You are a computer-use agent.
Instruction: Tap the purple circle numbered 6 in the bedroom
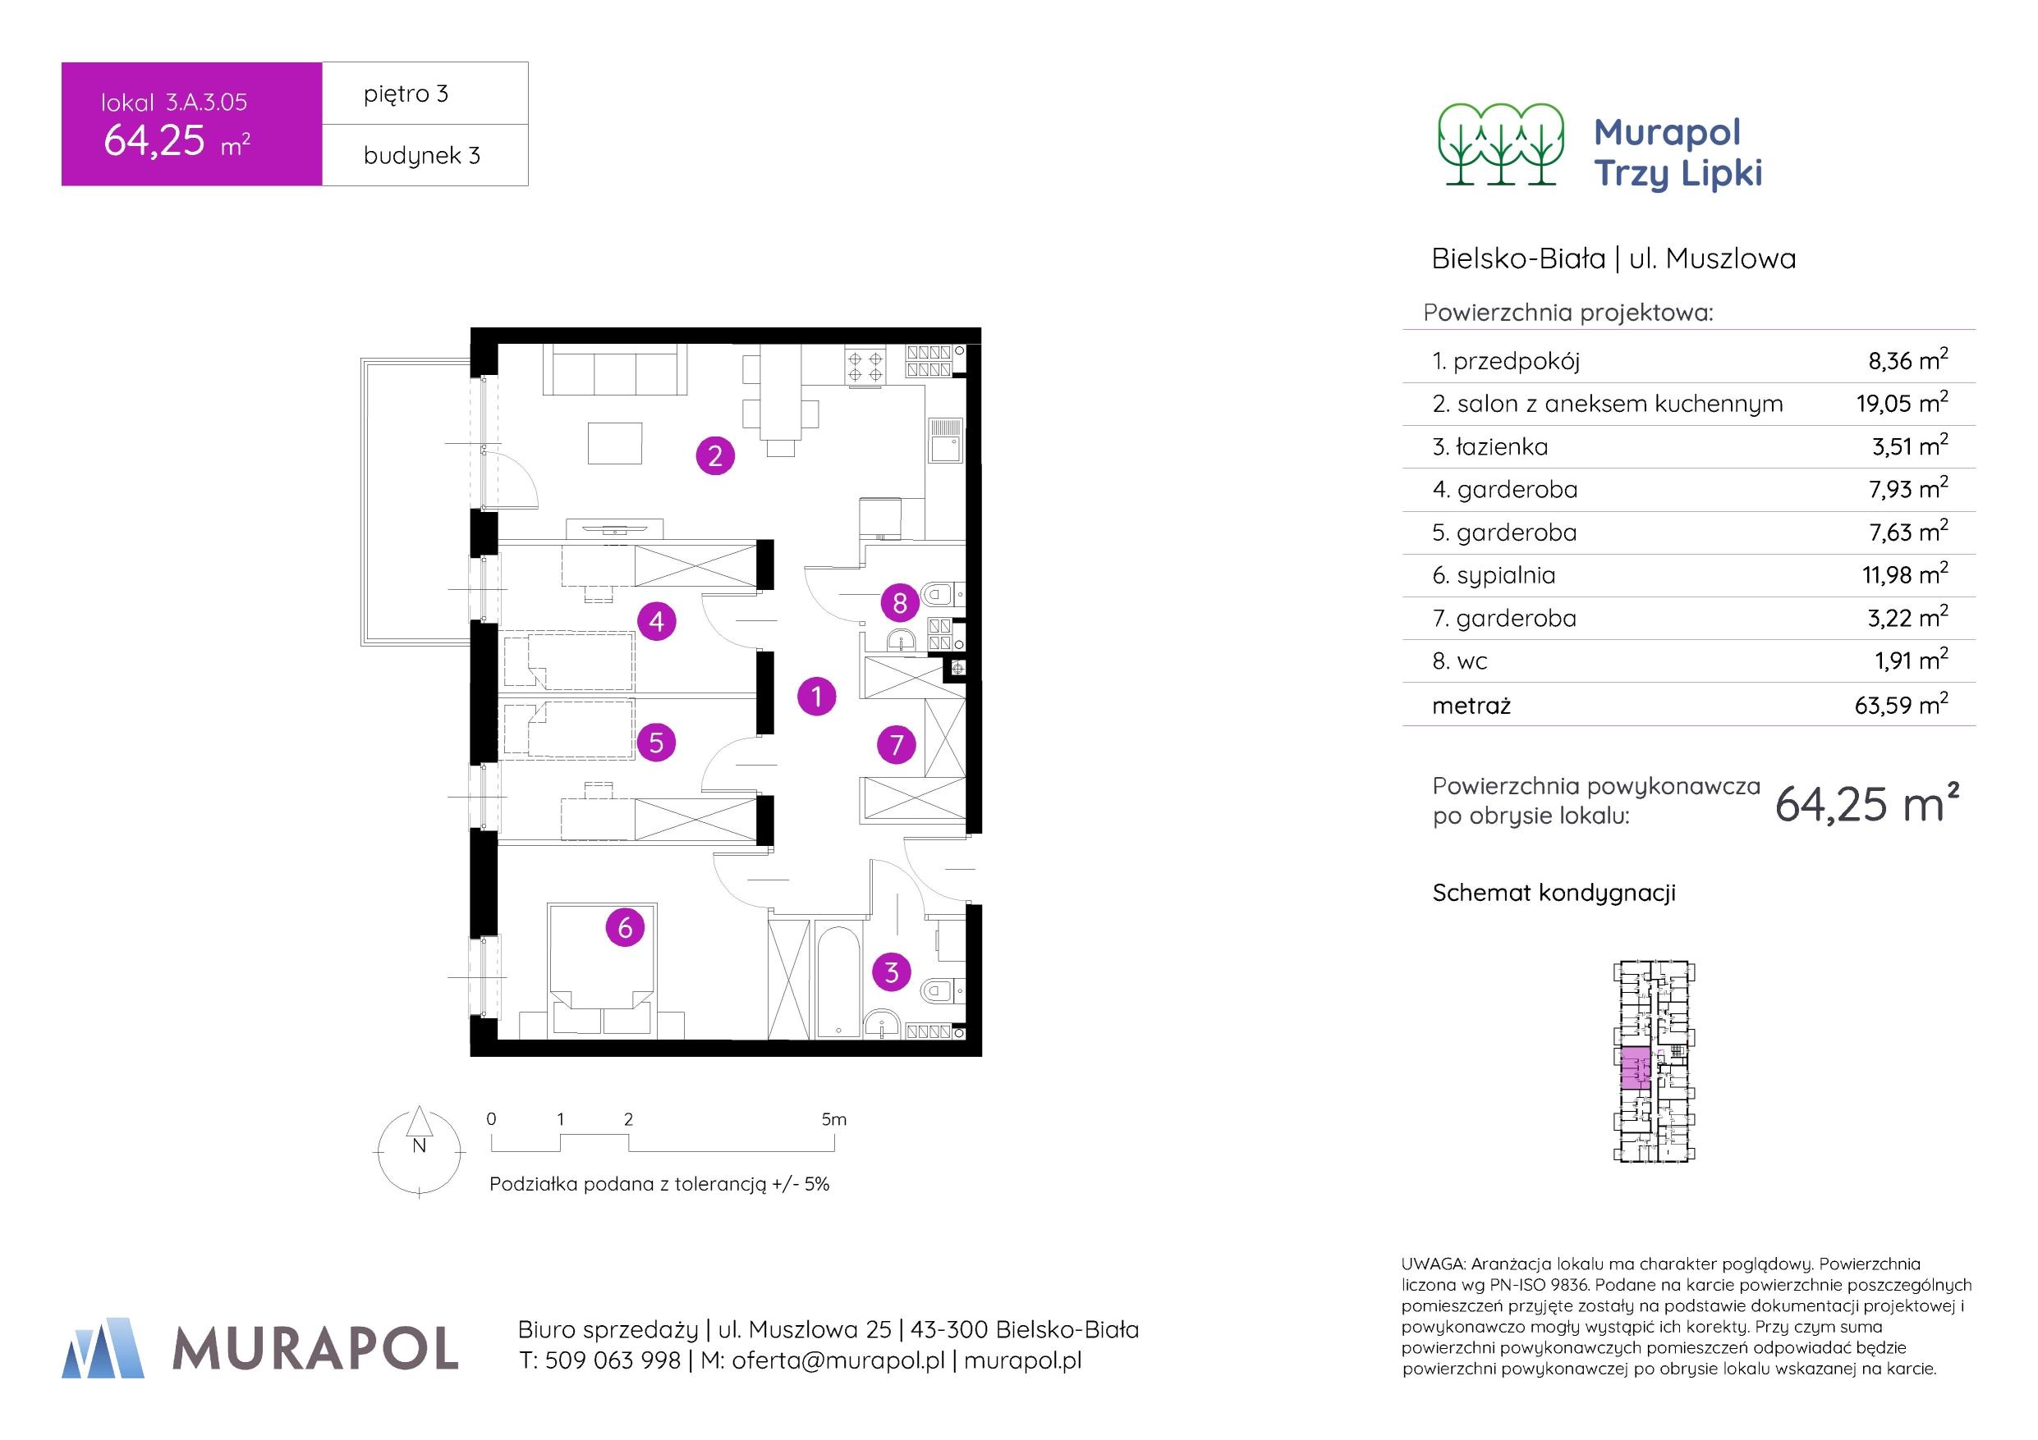pyautogui.click(x=625, y=927)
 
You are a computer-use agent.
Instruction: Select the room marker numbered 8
pyautogui.click(x=899, y=603)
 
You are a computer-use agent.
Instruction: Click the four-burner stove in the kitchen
pyautogui.click(x=865, y=367)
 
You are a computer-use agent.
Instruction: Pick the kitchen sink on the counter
pyautogui.click(x=944, y=440)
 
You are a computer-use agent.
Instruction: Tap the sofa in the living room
pyautogui.click(x=615, y=371)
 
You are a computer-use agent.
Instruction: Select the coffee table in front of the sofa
pyautogui.click(x=615, y=442)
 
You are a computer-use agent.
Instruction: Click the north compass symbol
pyautogui.click(x=420, y=1150)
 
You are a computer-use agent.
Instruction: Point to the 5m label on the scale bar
pyautogui.click(x=833, y=1120)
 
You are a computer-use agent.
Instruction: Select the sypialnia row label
pyautogui.click(x=1494, y=575)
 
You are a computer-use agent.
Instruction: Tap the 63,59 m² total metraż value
pyautogui.click(x=1900, y=706)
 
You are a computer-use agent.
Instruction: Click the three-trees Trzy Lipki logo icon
pyautogui.click(x=1501, y=144)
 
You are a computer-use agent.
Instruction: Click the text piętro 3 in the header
pyautogui.click(x=406, y=94)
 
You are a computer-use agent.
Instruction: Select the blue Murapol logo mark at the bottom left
pyautogui.click(x=103, y=1348)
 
